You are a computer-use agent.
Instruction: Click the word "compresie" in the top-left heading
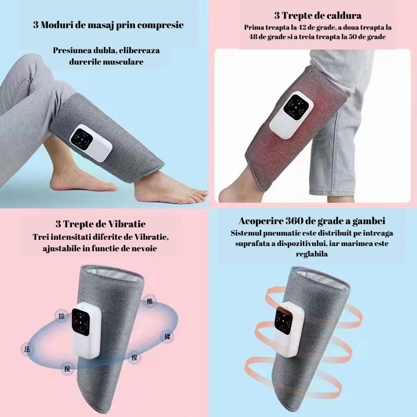click(158, 25)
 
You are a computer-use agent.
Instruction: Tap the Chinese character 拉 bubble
click(61, 316)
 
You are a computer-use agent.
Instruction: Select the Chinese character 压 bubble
click(27, 349)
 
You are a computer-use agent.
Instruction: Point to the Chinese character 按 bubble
click(68, 368)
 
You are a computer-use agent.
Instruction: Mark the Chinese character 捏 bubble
click(134, 357)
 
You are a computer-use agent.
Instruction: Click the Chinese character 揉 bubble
click(168, 336)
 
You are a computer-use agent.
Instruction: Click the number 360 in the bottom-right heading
click(302, 222)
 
